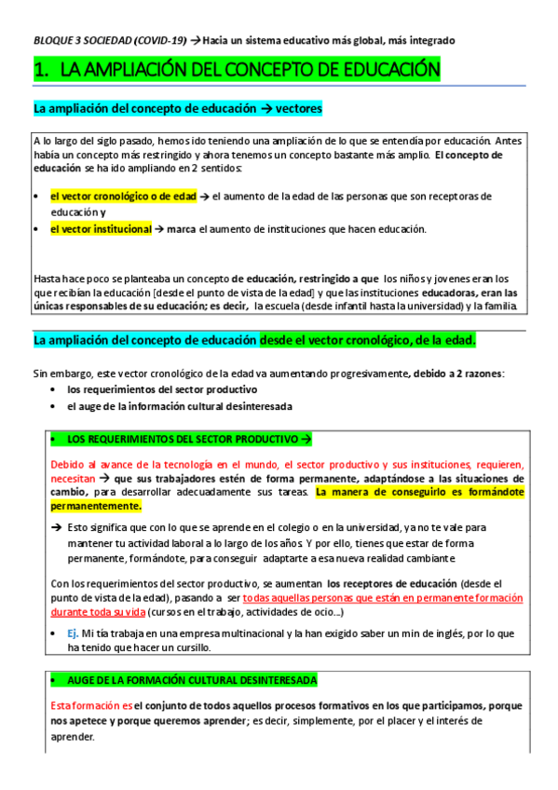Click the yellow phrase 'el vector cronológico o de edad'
124,197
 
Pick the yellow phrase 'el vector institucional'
101,229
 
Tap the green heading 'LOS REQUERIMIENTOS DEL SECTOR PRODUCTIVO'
179,438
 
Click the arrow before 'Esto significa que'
57,526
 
